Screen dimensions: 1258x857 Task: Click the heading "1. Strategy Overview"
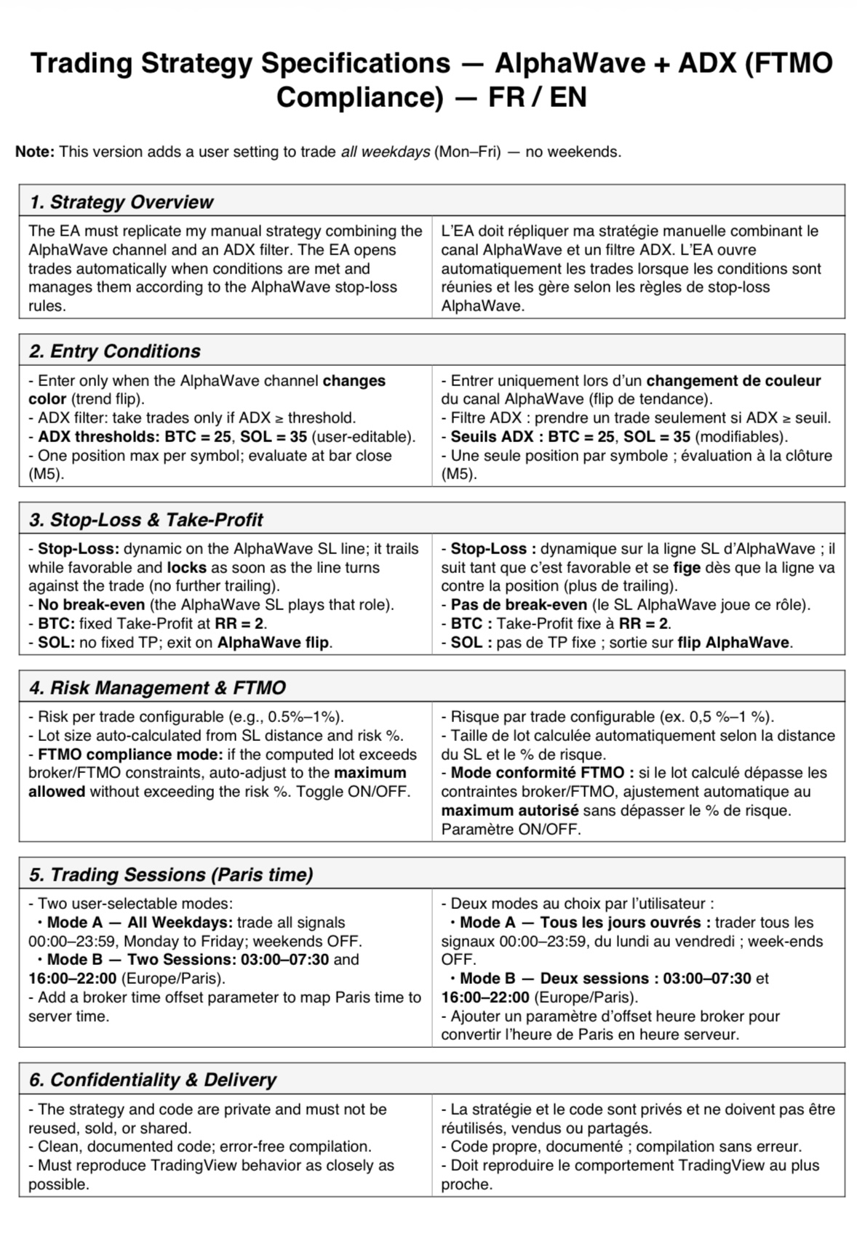(x=121, y=201)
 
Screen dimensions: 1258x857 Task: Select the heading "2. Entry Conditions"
(x=115, y=350)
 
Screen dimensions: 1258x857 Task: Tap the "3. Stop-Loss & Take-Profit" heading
(x=146, y=519)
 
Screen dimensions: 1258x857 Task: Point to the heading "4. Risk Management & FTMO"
(x=158, y=687)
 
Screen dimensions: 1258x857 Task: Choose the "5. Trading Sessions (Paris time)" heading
(x=171, y=874)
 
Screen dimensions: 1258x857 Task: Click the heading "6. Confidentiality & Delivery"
(x=153, y=1079)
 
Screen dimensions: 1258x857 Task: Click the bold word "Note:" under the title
(x=34, y=152)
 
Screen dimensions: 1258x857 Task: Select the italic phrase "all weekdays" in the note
(x=385, y=152)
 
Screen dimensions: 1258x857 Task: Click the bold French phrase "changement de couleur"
(x=733, y=380)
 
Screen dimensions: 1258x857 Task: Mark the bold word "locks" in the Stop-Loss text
(x=187, y=567)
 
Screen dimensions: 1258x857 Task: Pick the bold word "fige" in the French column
(x=687, y=567)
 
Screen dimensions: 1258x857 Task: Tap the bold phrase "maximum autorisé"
(x=510, y=810)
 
